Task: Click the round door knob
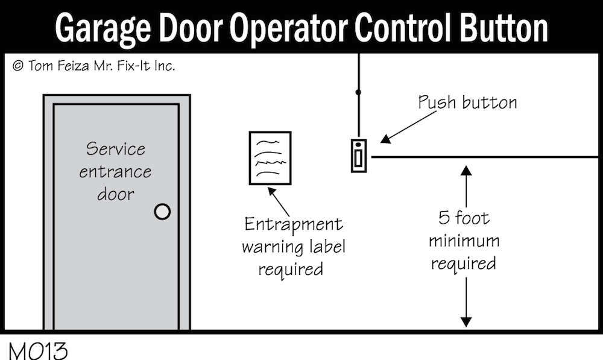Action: click(x=162, y=212)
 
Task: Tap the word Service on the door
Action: click(x=116, y=148)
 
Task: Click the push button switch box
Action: click(x=359, y=156)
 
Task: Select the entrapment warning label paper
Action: click(x=270, y=158)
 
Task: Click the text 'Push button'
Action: click(x=467, y=102)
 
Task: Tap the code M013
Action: click(x=37, y=350)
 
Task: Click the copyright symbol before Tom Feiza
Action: click(x=17, y=66)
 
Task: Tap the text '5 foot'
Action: click(x=464, y=217)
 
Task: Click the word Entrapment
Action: click(x=293, y=225)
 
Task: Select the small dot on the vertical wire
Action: click(x=358, y=92)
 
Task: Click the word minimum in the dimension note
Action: click(x=464, y=241)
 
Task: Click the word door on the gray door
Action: click(x=116, y=194)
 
